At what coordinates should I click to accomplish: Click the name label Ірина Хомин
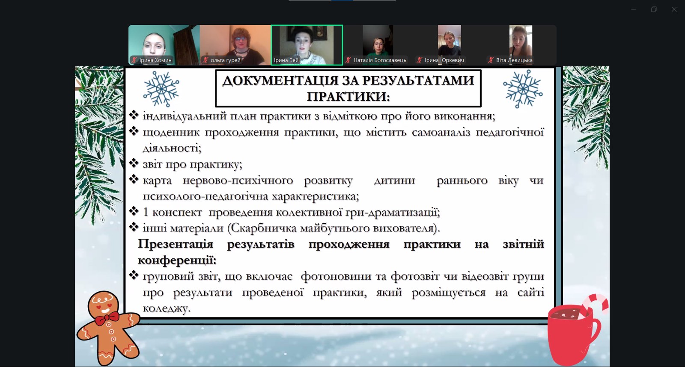tap(155, 60)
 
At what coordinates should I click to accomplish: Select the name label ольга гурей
tap(225, 60)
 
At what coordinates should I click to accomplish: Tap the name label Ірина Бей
tap(286, 60)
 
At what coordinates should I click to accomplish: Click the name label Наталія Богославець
tap(380, 60)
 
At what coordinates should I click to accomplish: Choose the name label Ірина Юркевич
tap(444, 60)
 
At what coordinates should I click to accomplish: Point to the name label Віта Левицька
tap(514, 60)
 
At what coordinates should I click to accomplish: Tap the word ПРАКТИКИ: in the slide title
tap(348, 97)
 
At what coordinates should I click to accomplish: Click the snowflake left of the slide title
tap(161, 89)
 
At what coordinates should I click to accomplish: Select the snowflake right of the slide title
tap(523, 89)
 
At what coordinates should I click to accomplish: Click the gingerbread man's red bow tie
tap(107, 318)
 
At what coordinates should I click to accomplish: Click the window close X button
tap(674, 9)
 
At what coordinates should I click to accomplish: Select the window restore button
tap(654, 9)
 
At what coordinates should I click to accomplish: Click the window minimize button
tap(634, 9)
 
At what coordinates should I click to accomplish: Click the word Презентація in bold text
tap(176, 244)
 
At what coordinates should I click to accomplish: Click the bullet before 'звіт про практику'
tap(134, 163)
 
